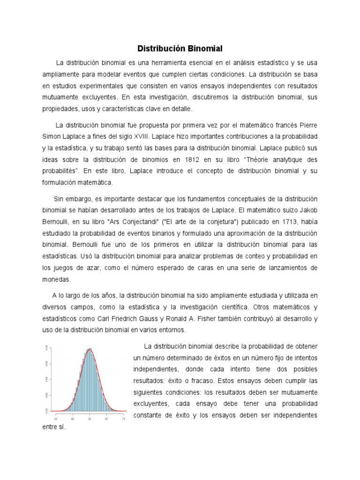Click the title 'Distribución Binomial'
(x=180, y=48)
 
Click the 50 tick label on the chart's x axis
(x=90, y=419)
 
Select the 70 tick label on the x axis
(x=123, y=419)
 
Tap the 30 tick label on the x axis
(x=56, y=419)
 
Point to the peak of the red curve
(x=90, y=349)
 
